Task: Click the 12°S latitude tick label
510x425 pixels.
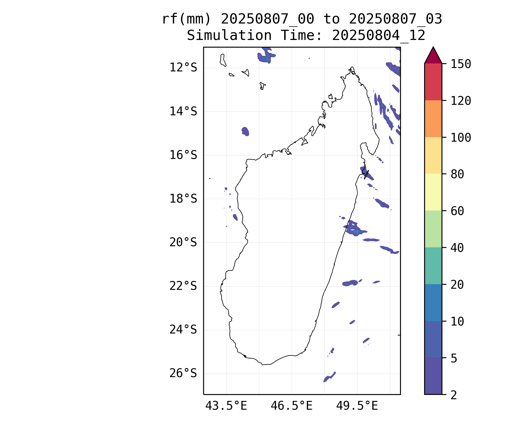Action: click(183, 68)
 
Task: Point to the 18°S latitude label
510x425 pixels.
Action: click(183, 199)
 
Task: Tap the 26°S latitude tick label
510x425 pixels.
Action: click(183, 373)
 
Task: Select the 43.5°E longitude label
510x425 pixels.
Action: click(226, 406)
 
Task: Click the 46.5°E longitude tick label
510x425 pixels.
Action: click(292, 406)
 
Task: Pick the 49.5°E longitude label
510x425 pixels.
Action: click(357, 406)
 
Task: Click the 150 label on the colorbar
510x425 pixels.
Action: click(461, 64)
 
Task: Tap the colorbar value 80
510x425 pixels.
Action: click(457, 174)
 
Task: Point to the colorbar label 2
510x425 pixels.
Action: click(454, 395)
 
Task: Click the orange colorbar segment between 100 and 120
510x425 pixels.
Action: click(433, 119)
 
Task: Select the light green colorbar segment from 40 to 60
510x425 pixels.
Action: click(433, 229)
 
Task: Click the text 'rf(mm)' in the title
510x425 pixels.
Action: click(186, 19)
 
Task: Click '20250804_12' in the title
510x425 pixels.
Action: click(379, 36)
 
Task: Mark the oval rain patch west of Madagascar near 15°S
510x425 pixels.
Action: click(245, 131)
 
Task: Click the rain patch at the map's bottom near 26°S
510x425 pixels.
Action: click(329, 377)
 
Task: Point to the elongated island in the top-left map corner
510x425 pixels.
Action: click(223, 60)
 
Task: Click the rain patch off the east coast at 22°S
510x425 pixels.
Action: click(351, 283)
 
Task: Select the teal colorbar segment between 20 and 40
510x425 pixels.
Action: click(433, 266)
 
